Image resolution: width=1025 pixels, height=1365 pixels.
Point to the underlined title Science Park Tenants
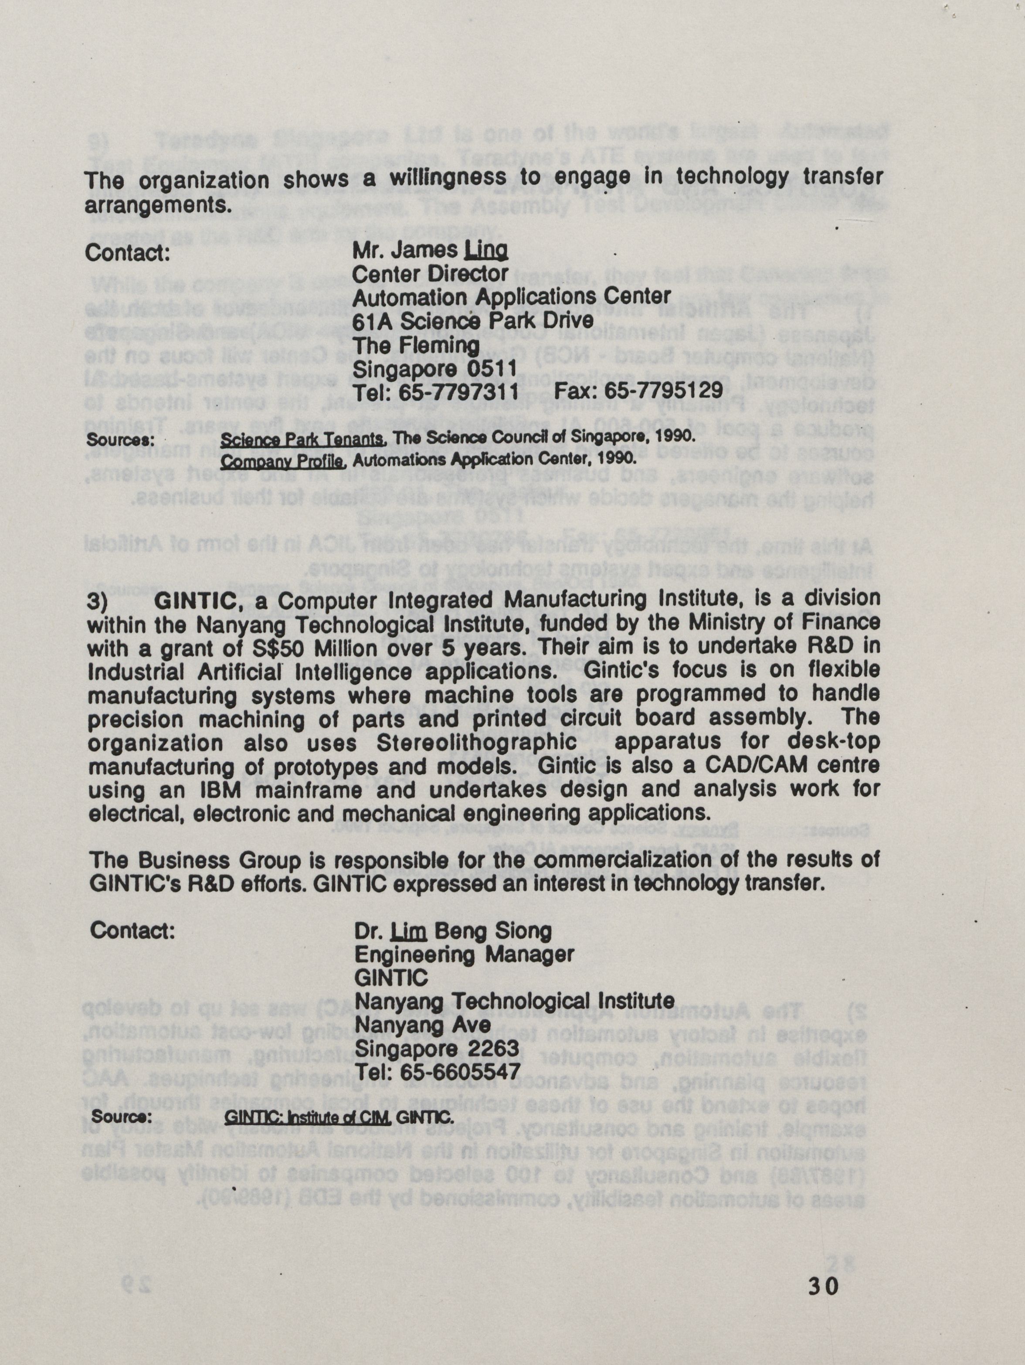(303, 439)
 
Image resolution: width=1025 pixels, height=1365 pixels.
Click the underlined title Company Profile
(282, 460)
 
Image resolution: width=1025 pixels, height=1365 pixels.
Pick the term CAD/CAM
(797, 766)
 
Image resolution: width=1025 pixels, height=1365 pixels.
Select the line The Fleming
(415, 345)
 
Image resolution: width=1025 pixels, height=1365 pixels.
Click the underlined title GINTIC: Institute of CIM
(307, 1117)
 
